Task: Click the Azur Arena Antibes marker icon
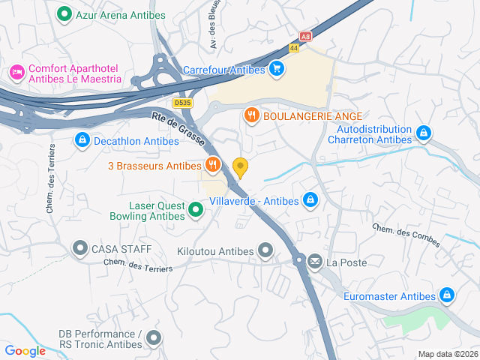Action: pos(64,13)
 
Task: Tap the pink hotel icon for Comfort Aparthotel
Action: pos(16,72)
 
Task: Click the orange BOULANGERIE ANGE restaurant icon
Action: pos(251,115)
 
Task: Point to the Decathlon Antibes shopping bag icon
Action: pos(82,140)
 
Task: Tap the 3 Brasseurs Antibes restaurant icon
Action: pos(213,165)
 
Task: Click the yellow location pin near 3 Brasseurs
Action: pos(240,167)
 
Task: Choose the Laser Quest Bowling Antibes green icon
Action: pos(195,210)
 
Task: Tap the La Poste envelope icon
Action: pos(314,262)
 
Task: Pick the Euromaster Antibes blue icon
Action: pos(447,295)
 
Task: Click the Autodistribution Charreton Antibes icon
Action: pos(424,133)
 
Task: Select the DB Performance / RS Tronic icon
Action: pos(154,339)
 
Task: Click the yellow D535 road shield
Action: pos(181,103)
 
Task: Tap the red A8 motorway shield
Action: pos(305,35)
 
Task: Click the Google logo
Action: pos(25,351)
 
